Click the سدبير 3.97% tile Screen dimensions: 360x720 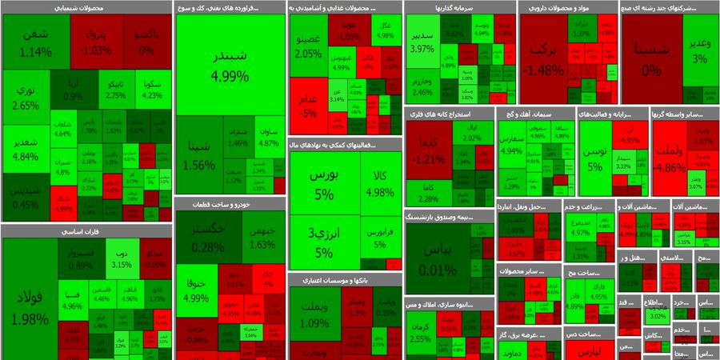(x=422, y=42)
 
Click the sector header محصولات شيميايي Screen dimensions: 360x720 (x=86, y=8)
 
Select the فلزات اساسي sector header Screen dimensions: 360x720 (x=86, y=231)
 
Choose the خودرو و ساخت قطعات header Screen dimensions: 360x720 (x=230, y=204)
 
